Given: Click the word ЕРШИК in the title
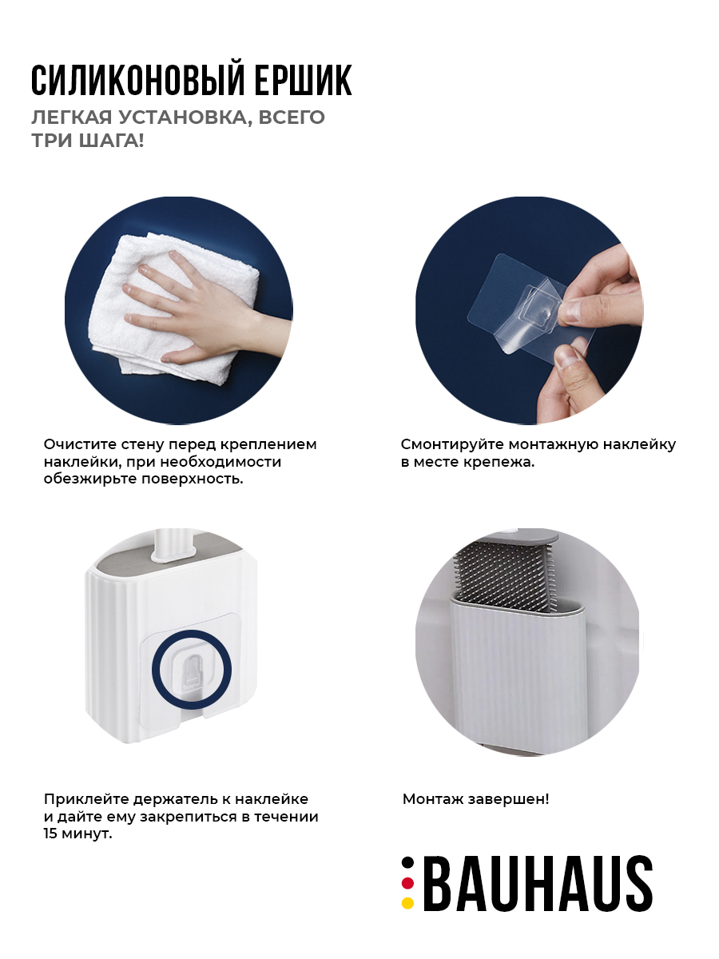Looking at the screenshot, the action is [x=304, y=81].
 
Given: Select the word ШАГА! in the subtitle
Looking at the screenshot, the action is [x=111, y=141].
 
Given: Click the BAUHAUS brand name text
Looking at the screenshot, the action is [x=538, y=883].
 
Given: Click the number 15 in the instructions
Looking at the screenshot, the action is [x=50, y=834].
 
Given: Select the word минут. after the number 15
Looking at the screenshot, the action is [x=87, y=834].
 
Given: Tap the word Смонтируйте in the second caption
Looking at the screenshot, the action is [x=453, y=445].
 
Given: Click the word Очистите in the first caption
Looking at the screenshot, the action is [x=81, y=444].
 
